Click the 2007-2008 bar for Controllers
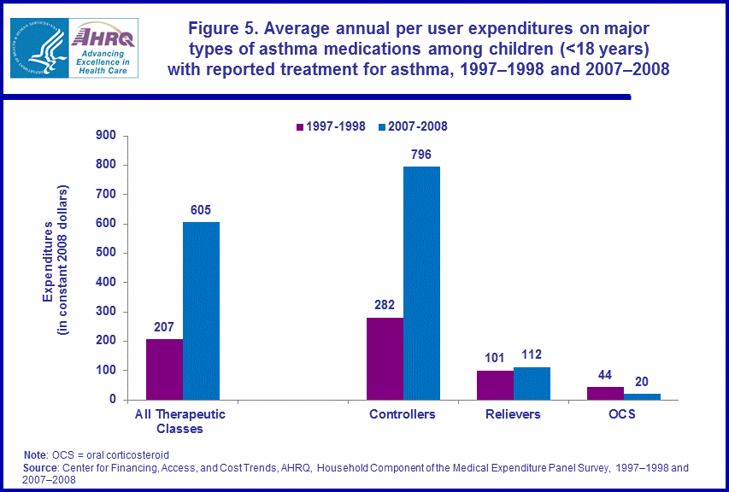tap(421, 283)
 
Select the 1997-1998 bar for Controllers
tap(385, 359)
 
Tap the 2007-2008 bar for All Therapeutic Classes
tap(201, 311)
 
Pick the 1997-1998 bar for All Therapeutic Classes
tap(164, 369)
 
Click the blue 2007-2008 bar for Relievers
tap(532, 384)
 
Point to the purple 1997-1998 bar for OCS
tap(605, 393)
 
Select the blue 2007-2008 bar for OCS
tap(642, 396)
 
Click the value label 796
tap(421, 155)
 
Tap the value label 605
tap(201, 210)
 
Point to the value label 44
tap(605, 374)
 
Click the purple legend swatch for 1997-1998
tap(300, 126)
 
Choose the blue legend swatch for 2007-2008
tap(381, 126)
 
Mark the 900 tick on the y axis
tap(107, 135)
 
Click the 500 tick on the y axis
tap(107, 253)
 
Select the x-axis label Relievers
tap(513, 414)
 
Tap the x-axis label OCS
tap(623, 414)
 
